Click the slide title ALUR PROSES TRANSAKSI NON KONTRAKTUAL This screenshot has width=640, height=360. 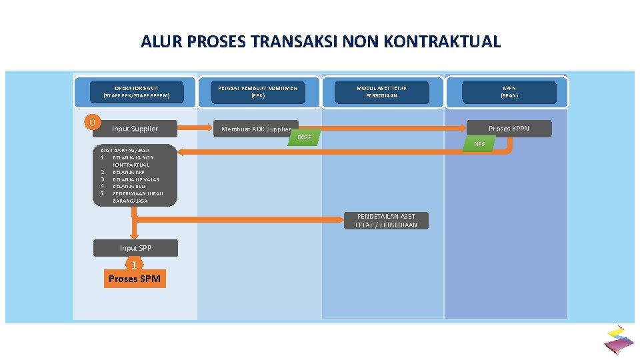[x=320, y=42]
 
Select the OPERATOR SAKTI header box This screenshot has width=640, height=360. [x=136, y=92]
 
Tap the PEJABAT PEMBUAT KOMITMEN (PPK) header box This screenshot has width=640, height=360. [x=257, y=92]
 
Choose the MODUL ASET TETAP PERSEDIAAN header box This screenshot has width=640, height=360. [x=381, y=92]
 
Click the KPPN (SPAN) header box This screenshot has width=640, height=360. [x=509, y=92]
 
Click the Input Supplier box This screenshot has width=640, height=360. [x=135, y=129]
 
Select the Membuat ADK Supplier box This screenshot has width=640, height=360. [x=257, y=129]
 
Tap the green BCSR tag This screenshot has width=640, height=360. [x=305, y=137]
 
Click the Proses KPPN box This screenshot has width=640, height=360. [x=509, y=129]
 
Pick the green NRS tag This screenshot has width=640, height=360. [x=479, y=144]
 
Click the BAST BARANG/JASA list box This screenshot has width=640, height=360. [x=135, y=175]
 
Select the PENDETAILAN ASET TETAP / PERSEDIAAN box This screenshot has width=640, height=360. [x=386, y=221]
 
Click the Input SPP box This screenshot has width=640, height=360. [x=135, y=248]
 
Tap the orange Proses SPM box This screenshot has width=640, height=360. [x=134, y=279]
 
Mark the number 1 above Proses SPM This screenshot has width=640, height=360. [x=134, y=265]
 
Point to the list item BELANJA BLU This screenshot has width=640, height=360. [x=129, y=187]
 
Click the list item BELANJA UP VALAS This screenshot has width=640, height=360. [x=135, y=179]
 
